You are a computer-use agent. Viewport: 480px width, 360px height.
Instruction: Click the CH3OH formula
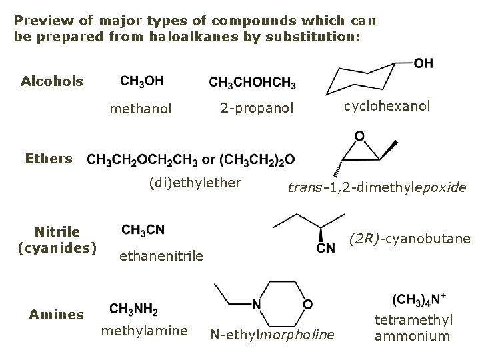142,81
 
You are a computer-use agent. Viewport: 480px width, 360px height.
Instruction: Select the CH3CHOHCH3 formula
253,83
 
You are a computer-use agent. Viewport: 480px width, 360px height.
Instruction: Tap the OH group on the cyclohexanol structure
423,63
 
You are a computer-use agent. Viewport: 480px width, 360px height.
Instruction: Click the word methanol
141,108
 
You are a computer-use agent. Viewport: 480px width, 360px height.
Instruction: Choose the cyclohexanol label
387,106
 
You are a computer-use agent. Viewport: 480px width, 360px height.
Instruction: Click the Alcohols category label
53,81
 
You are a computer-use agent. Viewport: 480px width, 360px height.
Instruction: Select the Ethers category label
48,159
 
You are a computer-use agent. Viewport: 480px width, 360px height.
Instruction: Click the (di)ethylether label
195,182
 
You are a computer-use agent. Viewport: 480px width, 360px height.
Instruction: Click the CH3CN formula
143,230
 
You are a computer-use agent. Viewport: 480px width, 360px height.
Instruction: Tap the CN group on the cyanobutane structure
326,249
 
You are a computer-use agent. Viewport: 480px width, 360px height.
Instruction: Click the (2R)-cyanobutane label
411,238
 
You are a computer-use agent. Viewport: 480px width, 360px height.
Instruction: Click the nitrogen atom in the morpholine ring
257,304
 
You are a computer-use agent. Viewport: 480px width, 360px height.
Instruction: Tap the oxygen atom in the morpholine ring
307,304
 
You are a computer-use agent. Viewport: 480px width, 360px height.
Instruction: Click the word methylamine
144,331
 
